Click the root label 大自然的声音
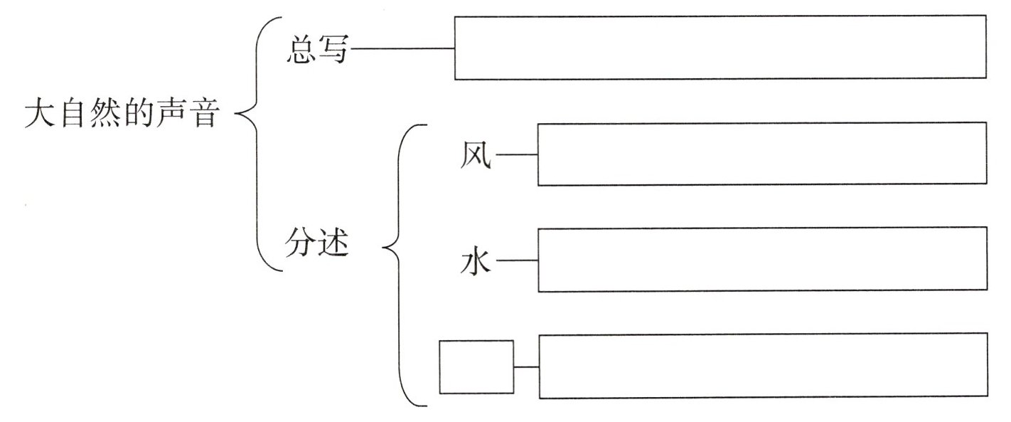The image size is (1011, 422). [119, 114]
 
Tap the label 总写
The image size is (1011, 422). [317, 50]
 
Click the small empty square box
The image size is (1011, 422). [476, 366]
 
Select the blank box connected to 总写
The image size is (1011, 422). [720, 48]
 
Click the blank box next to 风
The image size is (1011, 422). [761, 154]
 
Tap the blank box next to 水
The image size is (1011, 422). [761, 260]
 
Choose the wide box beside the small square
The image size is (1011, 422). [762, 365]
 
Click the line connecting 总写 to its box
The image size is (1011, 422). [402, 49]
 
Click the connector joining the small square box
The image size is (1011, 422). [526, 367]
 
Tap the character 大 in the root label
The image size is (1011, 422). [38, 114]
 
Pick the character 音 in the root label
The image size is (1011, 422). [202, 114]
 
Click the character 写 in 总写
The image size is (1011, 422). [333, 50]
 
